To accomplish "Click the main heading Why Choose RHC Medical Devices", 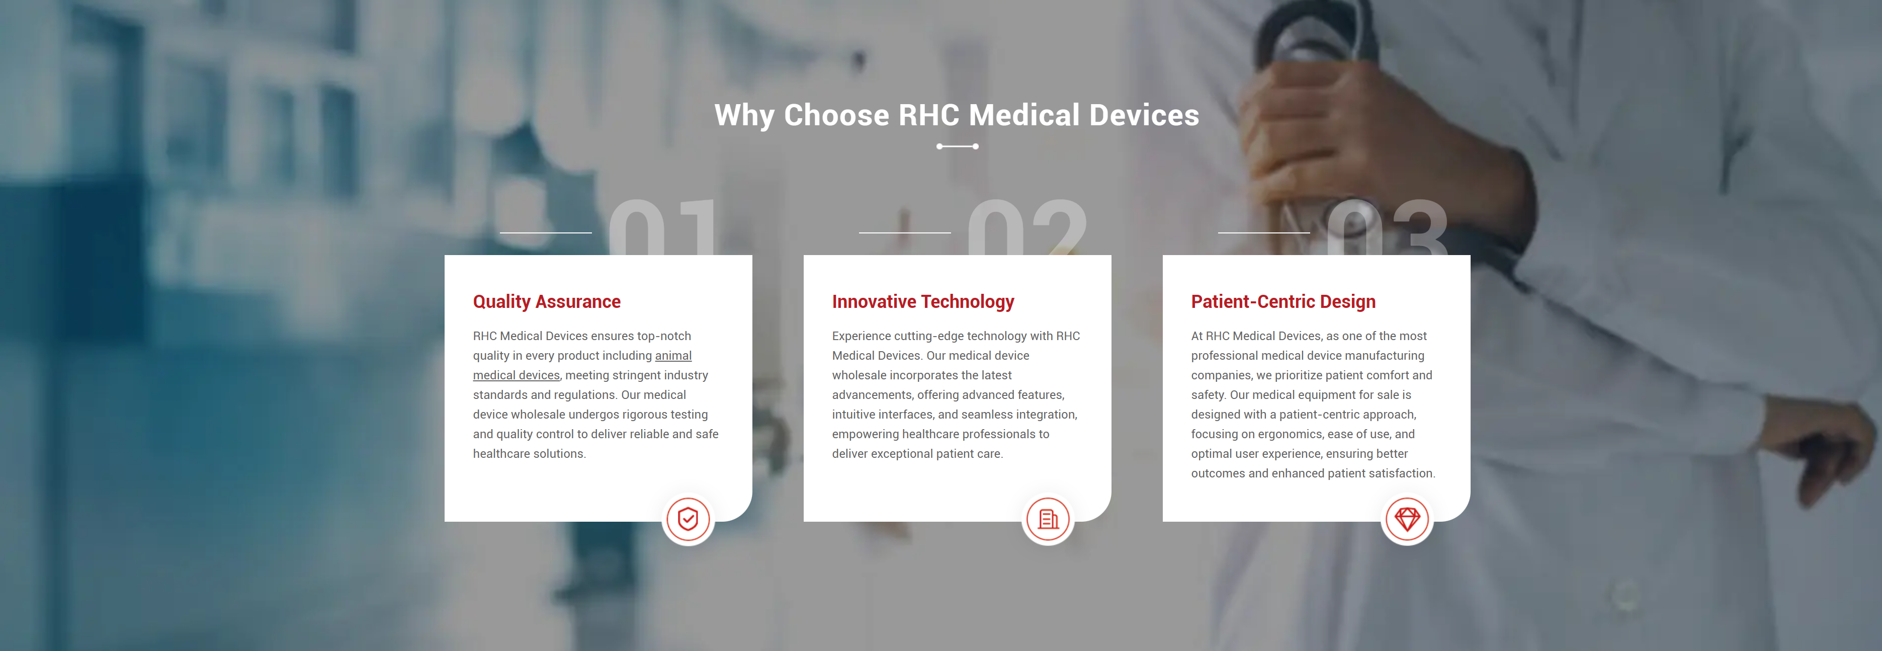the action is pos(957,115).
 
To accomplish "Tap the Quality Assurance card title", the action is pos(547,302).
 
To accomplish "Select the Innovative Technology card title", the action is pos(923,302).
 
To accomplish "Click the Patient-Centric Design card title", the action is pos(1283,302).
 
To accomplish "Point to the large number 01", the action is pos(662,227).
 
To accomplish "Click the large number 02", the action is pos(1027,227).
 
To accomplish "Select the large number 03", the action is pos(1387,227).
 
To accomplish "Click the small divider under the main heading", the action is pos(957,146).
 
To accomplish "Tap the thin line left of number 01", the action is pos(546,233).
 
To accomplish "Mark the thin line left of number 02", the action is pos(904,233).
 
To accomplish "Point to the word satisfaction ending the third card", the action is pos(1402,473).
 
